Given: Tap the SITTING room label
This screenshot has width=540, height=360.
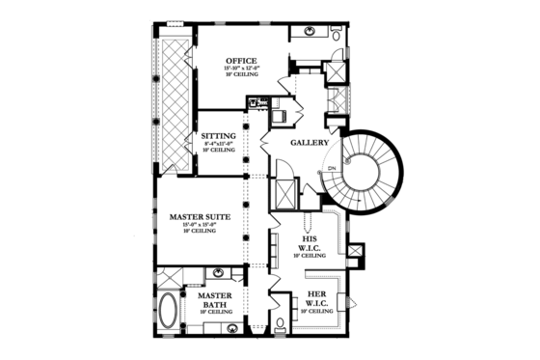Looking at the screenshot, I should (x=218, y=136).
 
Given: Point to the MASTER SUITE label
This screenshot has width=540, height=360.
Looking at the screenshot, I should (x=197, y=218).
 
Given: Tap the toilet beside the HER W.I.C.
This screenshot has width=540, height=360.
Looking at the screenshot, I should (x=278, y=322).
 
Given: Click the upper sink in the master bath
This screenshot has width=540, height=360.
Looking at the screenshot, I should (x=219, y=273).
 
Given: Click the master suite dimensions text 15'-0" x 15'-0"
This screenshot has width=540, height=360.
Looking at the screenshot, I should (x=197, y=226).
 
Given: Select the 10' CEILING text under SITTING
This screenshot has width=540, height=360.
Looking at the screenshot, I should (x=218, y=152).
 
